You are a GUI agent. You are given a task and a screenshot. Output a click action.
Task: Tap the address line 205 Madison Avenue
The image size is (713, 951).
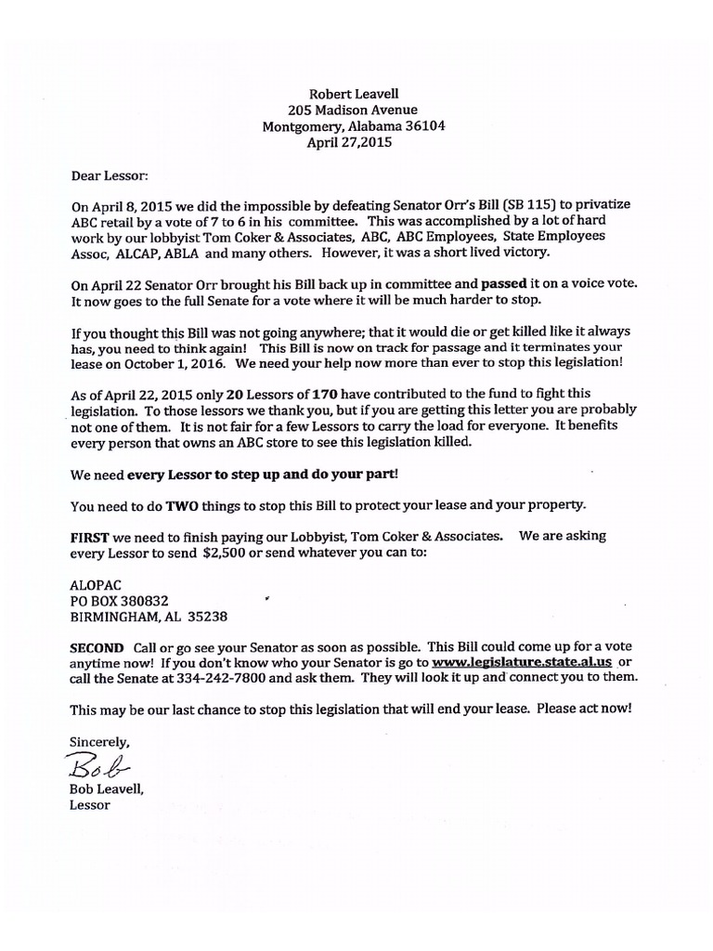click(x=352, y=110)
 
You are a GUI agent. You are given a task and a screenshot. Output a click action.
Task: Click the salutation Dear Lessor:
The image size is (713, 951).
click(x=109, y=174)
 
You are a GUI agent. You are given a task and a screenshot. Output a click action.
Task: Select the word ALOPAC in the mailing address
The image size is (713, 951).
click(x=95, y=584)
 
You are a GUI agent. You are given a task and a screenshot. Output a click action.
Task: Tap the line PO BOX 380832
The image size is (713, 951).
click(x=120, y=600)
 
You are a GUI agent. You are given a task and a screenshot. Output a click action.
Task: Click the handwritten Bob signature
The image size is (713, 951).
click(x=99, y=765)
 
